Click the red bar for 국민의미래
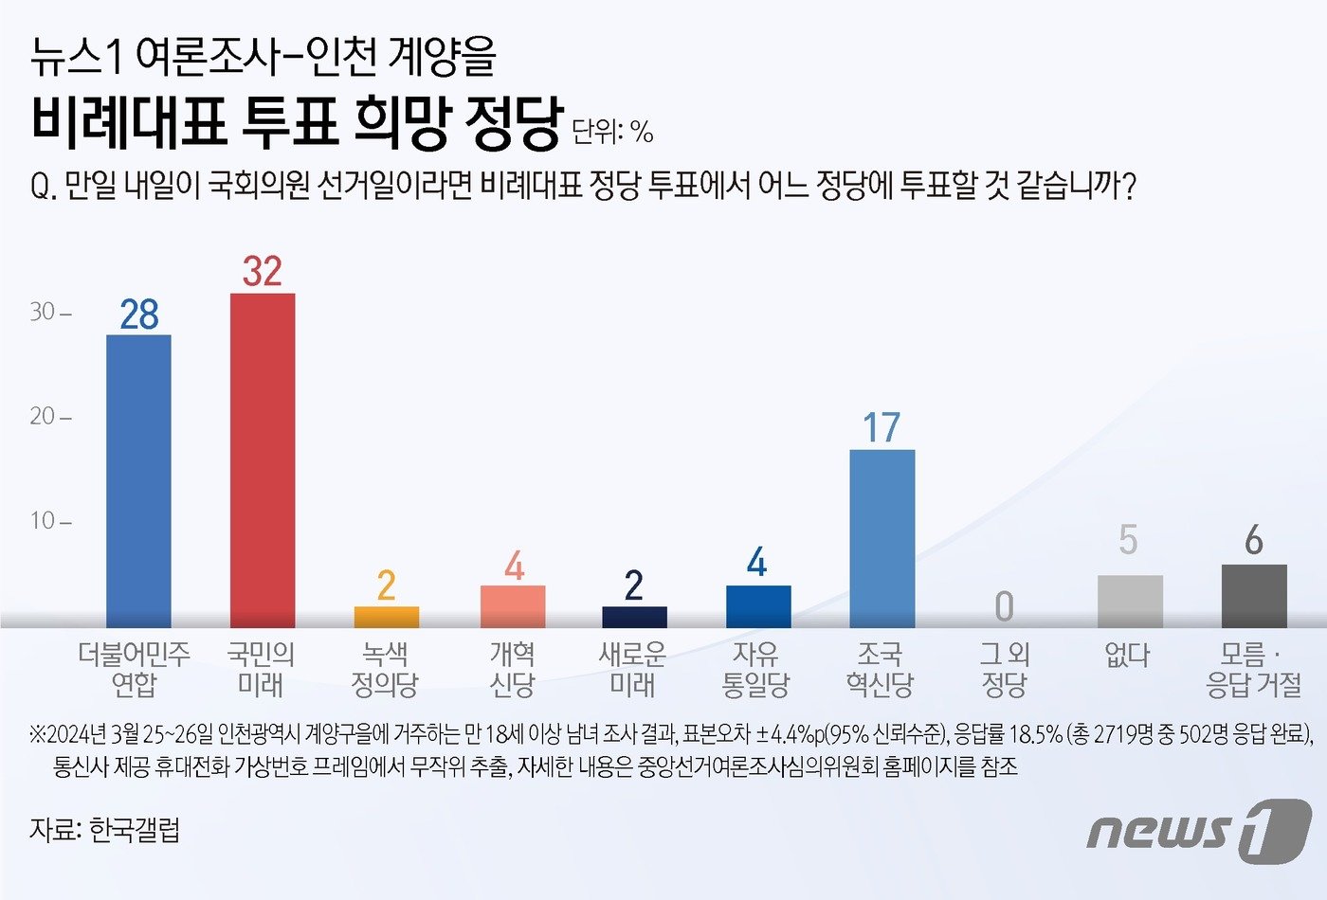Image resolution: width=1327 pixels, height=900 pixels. click(263, 460)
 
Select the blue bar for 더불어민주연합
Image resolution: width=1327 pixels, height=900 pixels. click(138, 481)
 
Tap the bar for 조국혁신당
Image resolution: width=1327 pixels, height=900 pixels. click(882, 538)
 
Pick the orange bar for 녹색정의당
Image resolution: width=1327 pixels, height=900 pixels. click(386, 617)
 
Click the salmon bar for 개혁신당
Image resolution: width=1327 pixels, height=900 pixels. click(512, 606)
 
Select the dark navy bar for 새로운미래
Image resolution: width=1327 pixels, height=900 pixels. click(634, 617)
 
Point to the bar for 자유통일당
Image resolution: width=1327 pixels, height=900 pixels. click(757, 606)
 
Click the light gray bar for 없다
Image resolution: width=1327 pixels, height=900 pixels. click(1129, 601)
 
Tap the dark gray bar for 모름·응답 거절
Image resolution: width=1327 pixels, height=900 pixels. click(1253, 596)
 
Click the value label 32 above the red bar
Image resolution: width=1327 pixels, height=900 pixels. click(263, 272)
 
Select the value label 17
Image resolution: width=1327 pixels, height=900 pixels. click(882, 428)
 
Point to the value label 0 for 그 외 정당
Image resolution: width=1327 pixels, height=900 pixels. click(1004, 606)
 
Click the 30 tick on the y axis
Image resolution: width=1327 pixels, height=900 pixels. click(49, 312)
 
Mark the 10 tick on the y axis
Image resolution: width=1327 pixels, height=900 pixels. click(49, 520)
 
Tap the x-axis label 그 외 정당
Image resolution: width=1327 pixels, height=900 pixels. click(1005, 669)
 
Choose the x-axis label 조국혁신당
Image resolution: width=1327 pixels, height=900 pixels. click(881, 669)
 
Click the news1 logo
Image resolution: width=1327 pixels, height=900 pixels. click(1198, 830)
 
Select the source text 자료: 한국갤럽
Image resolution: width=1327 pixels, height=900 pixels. click(104, 830)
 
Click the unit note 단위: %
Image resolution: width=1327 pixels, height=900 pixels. click(612, 132)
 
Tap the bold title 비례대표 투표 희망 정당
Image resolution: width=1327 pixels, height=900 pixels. click(297, 123)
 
